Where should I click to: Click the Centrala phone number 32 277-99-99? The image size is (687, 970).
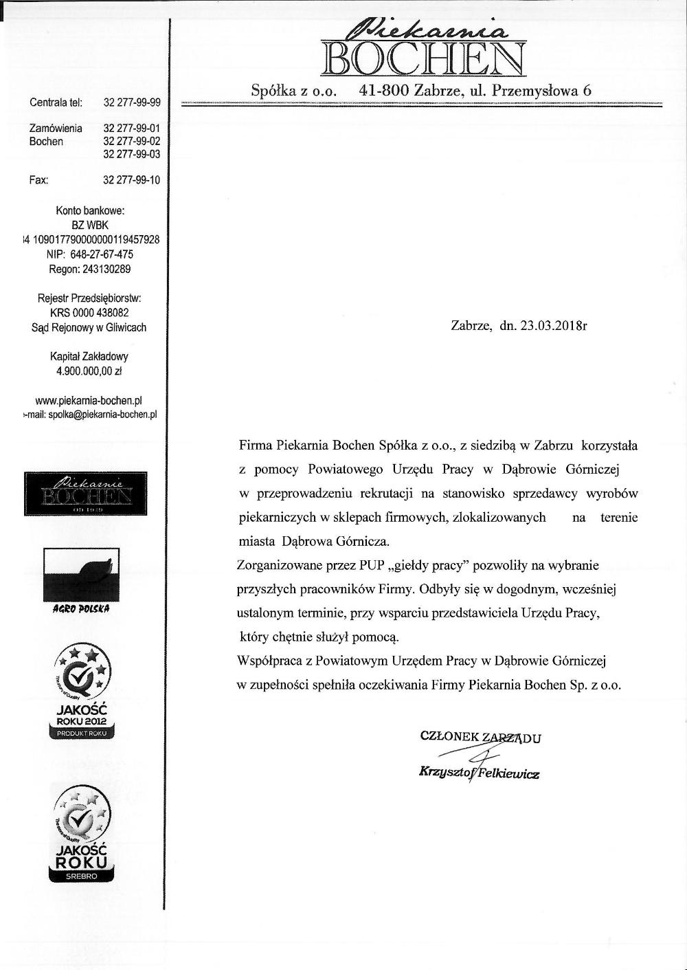pos(131,102)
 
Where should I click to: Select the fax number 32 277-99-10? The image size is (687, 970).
pos(131,180)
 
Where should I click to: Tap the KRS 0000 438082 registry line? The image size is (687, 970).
pos(89,313)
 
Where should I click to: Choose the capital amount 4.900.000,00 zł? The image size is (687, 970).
pos(89,371)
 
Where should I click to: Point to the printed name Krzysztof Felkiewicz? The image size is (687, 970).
pos(479,773)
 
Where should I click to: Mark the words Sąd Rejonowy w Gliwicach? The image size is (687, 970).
pos(89,328)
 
